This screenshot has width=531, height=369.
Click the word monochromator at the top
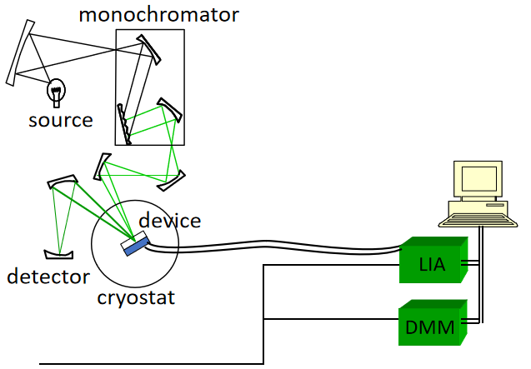click(158, 14)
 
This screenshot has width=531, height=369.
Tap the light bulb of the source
click(57, 87)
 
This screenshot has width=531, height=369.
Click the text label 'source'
click(61, 120)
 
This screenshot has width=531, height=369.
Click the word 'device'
click(170, 221)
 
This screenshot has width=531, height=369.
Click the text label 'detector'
click(48, 277)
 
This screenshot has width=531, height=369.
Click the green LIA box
click(433, 260)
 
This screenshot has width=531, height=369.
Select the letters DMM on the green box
click(430, 327)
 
